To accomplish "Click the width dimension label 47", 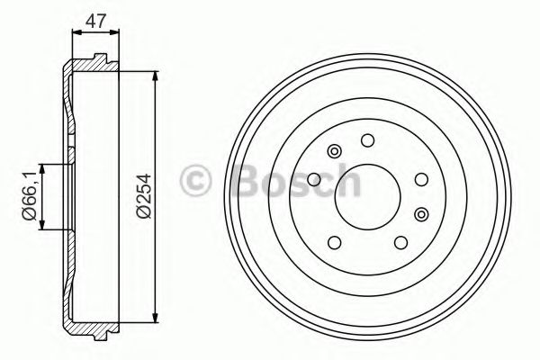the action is (95, 22).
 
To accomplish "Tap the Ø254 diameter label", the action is (144, 196).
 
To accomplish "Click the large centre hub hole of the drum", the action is (367, 197).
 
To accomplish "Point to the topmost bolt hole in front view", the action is (367, 140).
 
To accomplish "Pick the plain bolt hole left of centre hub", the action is (314, 179).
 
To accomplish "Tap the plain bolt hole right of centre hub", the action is (421, 179).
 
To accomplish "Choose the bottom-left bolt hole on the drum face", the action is (335, 242).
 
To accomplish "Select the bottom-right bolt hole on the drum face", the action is (400, 242).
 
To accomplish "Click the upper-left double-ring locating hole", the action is (334, 151).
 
